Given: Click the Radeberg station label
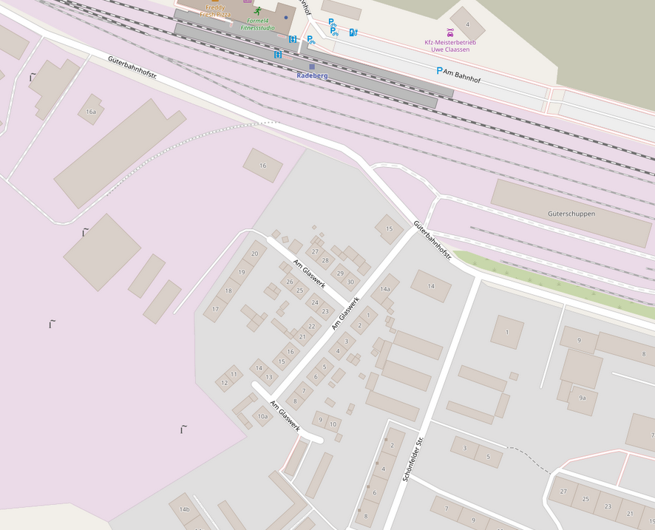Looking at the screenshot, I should pos(312,75).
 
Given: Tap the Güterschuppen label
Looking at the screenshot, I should pos(571,214).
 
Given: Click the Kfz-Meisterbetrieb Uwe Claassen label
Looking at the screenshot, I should pos(450,46).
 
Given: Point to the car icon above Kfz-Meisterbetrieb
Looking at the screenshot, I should pos(450,32).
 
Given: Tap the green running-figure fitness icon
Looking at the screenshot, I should pos(257,11).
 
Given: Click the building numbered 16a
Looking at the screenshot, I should pos(91,112).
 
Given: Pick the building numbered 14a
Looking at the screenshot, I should pos(384,289).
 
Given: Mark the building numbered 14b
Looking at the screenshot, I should pos(184,509).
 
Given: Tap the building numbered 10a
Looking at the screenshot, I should pos(262,417).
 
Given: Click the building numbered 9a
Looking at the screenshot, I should pos(583,398).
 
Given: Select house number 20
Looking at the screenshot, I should pos(254,254).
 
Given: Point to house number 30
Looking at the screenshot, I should pos(350,282).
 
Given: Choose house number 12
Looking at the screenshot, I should pos(225,383).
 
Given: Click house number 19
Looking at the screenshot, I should pos(241,273).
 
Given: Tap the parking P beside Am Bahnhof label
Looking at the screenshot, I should pos(439,71).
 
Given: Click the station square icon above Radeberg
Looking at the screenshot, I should pos(312,67).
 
